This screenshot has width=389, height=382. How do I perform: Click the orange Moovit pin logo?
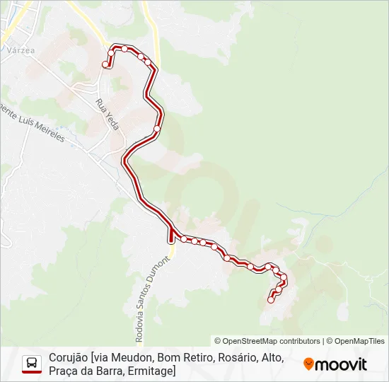point(308,364)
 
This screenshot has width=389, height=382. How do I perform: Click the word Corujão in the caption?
point(68,358)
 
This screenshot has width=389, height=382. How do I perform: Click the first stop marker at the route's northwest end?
point(105,65)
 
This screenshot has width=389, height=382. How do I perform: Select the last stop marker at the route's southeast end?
point(270,300)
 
